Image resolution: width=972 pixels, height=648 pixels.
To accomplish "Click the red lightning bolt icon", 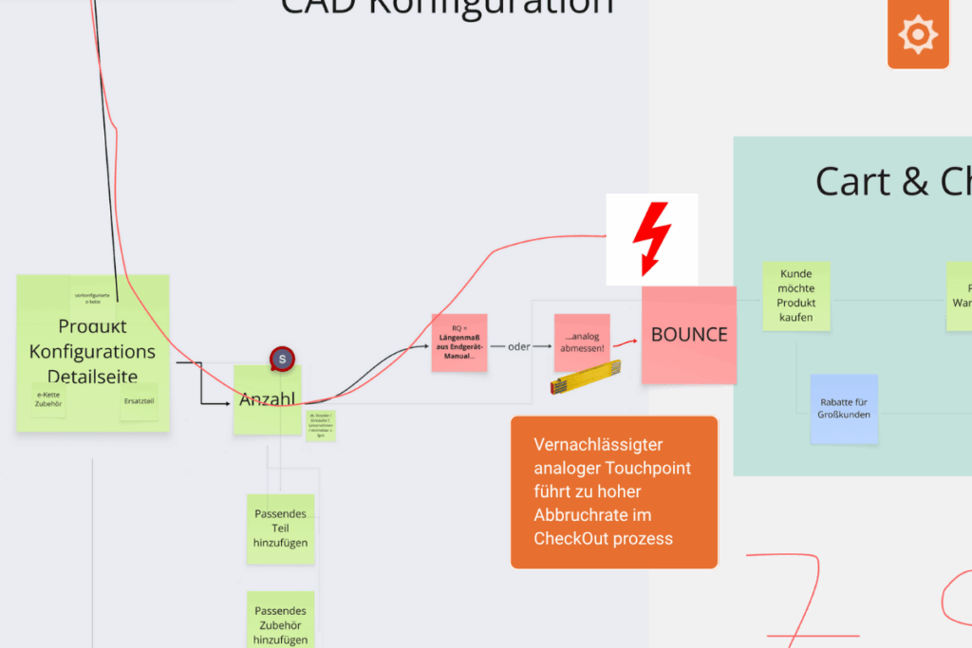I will (x=652, y=237).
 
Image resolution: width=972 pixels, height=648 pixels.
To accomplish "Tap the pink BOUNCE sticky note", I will (x=689, y=335).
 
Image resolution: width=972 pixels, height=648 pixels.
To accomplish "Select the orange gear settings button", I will (x=918, y=35).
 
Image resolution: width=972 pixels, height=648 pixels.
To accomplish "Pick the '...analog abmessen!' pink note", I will (x=582, y=342).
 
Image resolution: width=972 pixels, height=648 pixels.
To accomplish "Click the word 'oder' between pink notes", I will (x=518, y=345).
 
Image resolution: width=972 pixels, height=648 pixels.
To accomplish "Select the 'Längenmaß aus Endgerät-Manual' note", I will (x=459, y=343).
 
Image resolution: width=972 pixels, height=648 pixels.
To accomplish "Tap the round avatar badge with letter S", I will (x=282, y=360).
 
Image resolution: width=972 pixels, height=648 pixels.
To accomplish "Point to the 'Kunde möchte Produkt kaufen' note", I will (x=796, y=296).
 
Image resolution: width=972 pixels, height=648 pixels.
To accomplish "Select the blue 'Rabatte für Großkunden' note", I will (x=844, y=408).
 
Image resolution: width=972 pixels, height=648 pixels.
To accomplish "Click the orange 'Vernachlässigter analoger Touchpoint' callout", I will (x=613, y=491).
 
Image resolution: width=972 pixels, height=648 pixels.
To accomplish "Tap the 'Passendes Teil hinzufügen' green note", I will (x=280, y=528).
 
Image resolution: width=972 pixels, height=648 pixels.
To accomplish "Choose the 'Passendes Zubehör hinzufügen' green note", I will (x=280, y=621).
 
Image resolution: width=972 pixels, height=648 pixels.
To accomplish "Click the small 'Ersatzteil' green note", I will (x=139, y=400).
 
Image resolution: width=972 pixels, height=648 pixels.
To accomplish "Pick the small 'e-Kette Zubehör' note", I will (x=48, y=398).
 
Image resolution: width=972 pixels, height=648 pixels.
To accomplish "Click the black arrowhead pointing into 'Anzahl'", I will (x=228, y=403).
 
